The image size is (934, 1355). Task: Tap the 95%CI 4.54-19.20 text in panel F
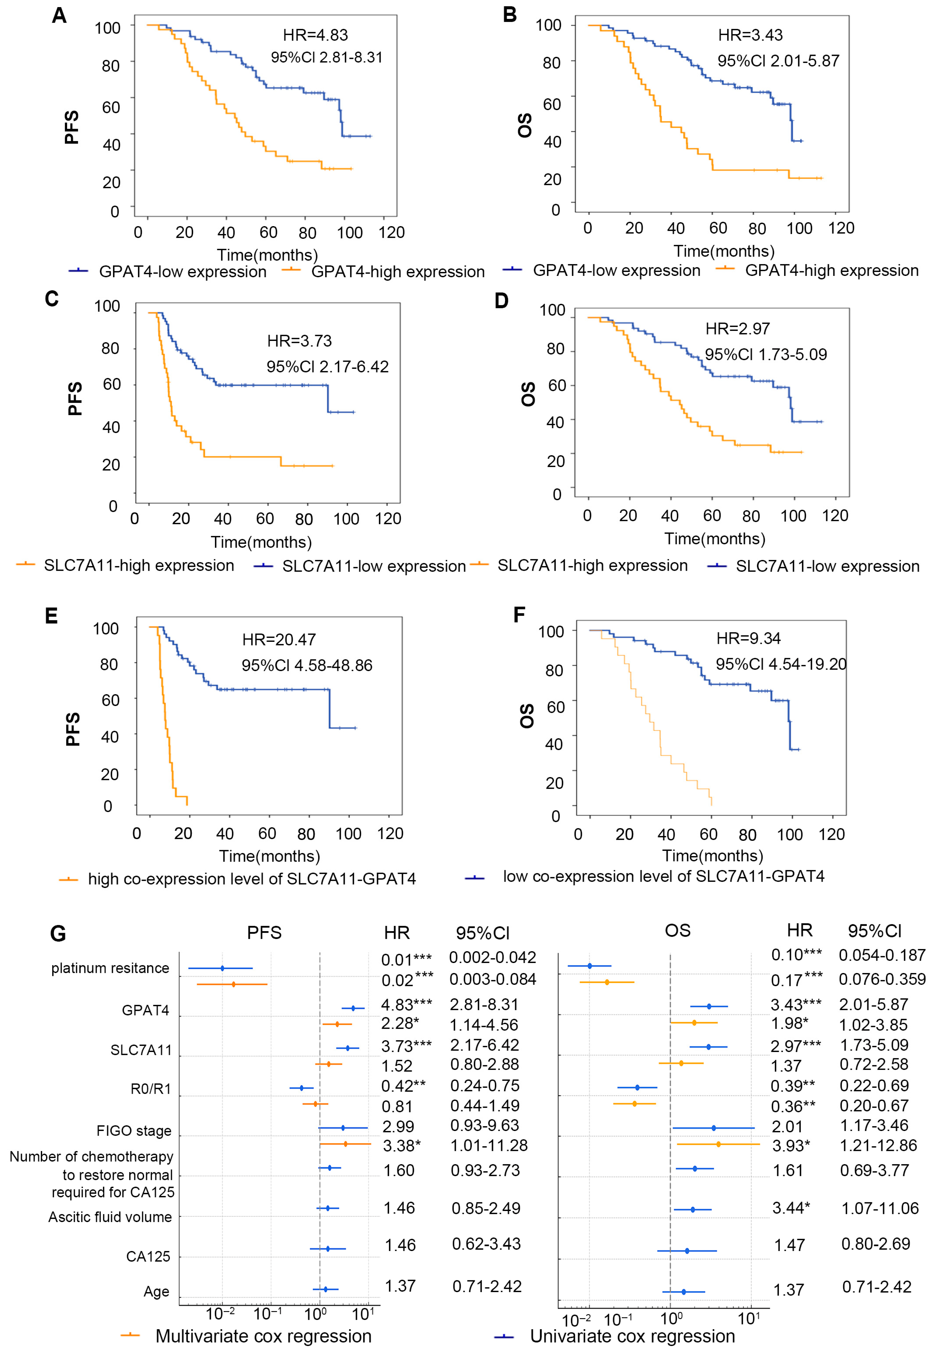(x=781, y=664)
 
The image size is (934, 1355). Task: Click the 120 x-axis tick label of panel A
(x=391, y=232)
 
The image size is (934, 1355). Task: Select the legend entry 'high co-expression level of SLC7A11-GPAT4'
(x=252, y=878)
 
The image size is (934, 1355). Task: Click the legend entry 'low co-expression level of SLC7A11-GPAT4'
(x=663, y=876)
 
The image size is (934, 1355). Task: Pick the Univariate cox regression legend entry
(x=632, y=1336)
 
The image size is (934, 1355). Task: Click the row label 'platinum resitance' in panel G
(x=110, y=968)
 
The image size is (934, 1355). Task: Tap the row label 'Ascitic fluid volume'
(x=110, y=1217)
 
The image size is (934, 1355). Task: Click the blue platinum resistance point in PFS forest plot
(x=222, y=968)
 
